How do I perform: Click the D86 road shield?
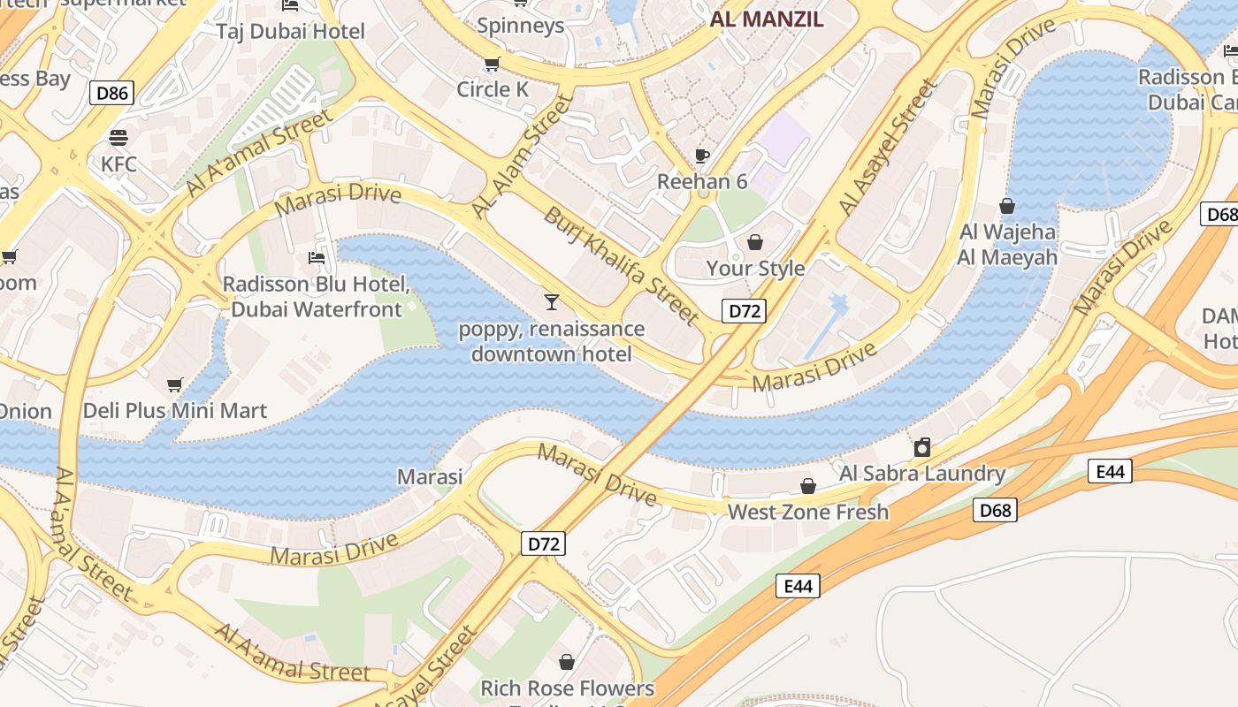(x=111, y=92)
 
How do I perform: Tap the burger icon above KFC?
(x=118, y=138)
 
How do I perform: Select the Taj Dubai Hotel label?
(x=291, y=32)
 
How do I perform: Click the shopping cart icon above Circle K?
(x=493, y=64)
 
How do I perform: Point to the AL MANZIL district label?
(x=767, y=19)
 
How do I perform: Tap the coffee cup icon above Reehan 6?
(x=702, y=156)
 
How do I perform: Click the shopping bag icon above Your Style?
(x=755, y=242)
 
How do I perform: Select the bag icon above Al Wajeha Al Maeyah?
(x=1007, y=206)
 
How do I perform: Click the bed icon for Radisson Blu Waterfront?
(x=317, y=258)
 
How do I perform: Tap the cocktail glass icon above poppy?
(x=552, y=302)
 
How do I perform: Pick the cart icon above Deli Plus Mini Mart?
(x=175, y=384)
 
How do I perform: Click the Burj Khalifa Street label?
(x=622, y=264)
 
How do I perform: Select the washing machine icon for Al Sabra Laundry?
(x=922, y=447)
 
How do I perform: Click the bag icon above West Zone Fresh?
(x=807, y=486)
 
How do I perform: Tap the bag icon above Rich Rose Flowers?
(x=567, y=661)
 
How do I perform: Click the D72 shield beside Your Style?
(x=743, y=310)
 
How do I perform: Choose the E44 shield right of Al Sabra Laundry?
(x=1110, y=471)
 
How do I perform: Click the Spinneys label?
(x=521, y=26)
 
